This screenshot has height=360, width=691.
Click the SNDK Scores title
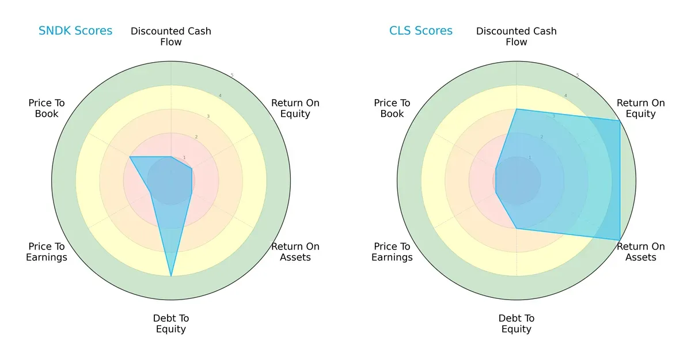(75, 31)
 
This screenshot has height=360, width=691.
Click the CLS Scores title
(420, 31)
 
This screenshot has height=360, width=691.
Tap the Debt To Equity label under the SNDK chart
(171, 324)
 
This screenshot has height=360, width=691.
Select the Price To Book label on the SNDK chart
(47, 108)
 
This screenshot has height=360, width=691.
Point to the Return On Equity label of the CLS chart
(640, 108)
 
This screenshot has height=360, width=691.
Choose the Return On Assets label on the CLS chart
(640, 252)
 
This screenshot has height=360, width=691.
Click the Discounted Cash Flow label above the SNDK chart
(171, 36)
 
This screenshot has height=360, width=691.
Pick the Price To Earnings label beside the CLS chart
(392, 252)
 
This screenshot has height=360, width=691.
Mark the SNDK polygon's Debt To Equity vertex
(171, 276)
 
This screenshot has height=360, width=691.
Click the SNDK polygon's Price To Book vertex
(130, 157)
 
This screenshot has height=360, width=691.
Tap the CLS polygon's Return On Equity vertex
(620, 120)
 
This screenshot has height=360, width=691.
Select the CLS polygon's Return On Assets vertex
(620, 240)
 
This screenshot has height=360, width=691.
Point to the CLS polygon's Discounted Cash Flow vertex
(517, 109)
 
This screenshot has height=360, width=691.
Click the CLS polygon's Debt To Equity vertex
(517, 228)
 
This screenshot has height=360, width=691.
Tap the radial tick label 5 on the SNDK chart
(231, 75)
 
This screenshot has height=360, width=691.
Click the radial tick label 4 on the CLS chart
(565, 96)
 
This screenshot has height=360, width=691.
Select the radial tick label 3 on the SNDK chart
(208, 116)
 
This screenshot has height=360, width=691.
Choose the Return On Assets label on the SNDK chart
(295, 252)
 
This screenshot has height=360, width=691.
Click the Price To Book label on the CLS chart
(392, 108)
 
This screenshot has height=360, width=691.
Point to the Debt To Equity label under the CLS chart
(517, 324)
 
